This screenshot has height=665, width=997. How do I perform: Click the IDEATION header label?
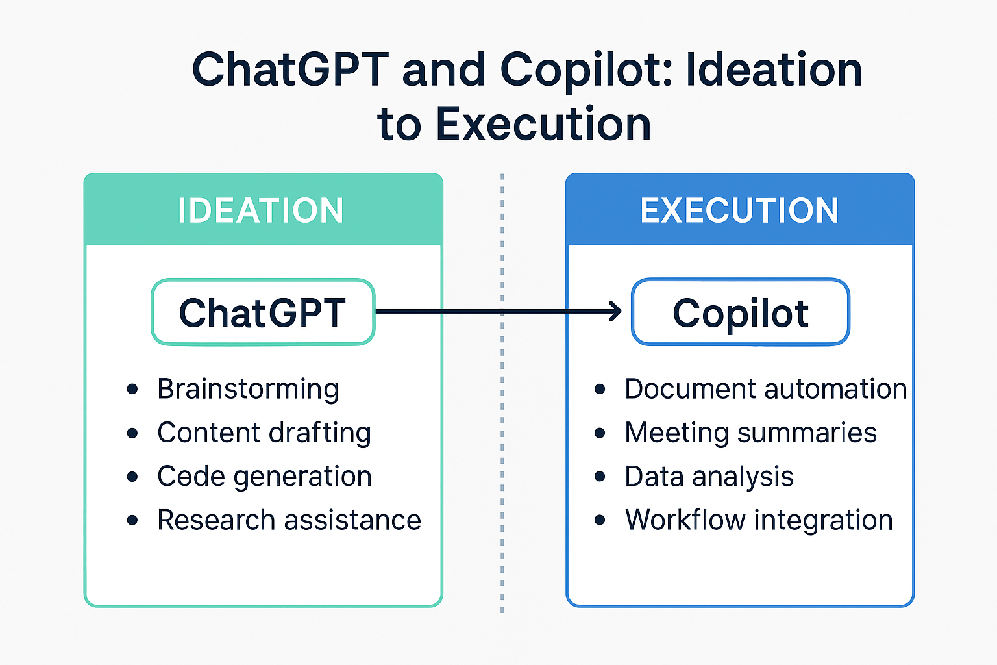261,211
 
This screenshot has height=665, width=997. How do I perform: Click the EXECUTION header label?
739,211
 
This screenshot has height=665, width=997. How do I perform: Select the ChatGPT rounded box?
263,312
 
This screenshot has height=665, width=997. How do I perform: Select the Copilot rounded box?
741,312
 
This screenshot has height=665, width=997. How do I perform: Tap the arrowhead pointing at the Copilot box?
615,312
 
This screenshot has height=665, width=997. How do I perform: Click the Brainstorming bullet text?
248,389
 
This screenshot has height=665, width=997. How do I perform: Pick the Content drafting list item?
264,433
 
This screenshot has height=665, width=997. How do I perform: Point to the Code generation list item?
264,476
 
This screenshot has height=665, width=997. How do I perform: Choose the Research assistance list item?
289,520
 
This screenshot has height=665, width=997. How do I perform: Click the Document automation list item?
765,389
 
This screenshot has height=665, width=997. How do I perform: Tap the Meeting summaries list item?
750,433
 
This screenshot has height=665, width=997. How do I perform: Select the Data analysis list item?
709,476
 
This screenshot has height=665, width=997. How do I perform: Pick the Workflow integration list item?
759,520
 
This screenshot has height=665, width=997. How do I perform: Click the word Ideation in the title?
774,69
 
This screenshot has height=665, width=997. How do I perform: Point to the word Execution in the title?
543,124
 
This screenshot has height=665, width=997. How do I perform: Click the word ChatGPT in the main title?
290,69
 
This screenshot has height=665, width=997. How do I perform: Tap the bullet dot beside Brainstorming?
132,389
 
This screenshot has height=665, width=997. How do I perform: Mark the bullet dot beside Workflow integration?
600,520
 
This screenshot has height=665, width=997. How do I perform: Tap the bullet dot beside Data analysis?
600,477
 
